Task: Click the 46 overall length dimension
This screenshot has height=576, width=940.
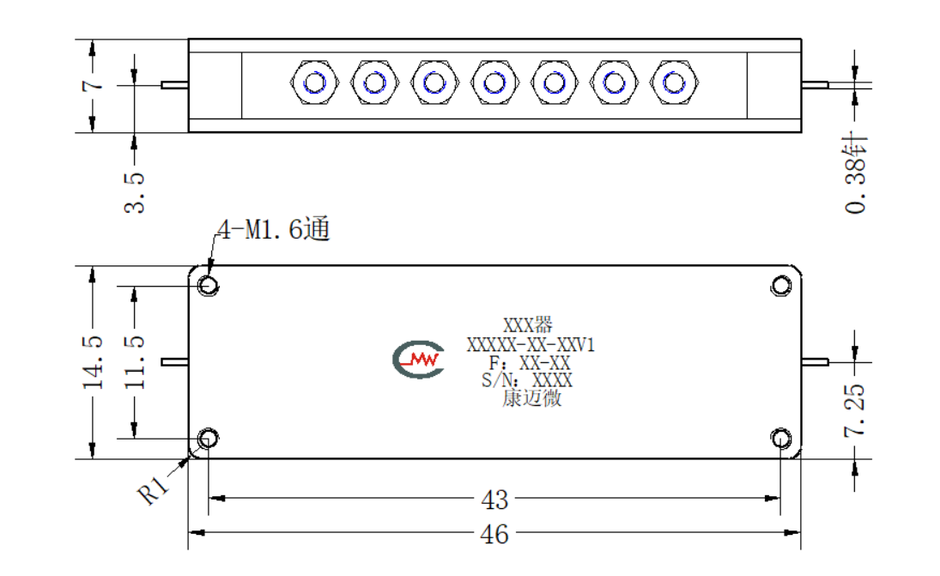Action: click(x=494, y=534)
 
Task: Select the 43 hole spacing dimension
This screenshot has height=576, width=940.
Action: click(x=494, y=500)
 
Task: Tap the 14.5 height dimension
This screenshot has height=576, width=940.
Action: click(x=93, y=362)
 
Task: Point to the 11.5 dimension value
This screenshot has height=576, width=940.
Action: click(x=134, y=362)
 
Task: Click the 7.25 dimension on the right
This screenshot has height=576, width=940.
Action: click(x=855, y=410)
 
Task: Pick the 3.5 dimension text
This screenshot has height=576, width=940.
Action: click(x=134, y=192)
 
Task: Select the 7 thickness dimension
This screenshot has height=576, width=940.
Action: click(x=93, y=86)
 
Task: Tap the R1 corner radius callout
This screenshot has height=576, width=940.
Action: click(x=154, y=491)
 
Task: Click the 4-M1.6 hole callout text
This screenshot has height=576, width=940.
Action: click(x=274, y=229)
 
